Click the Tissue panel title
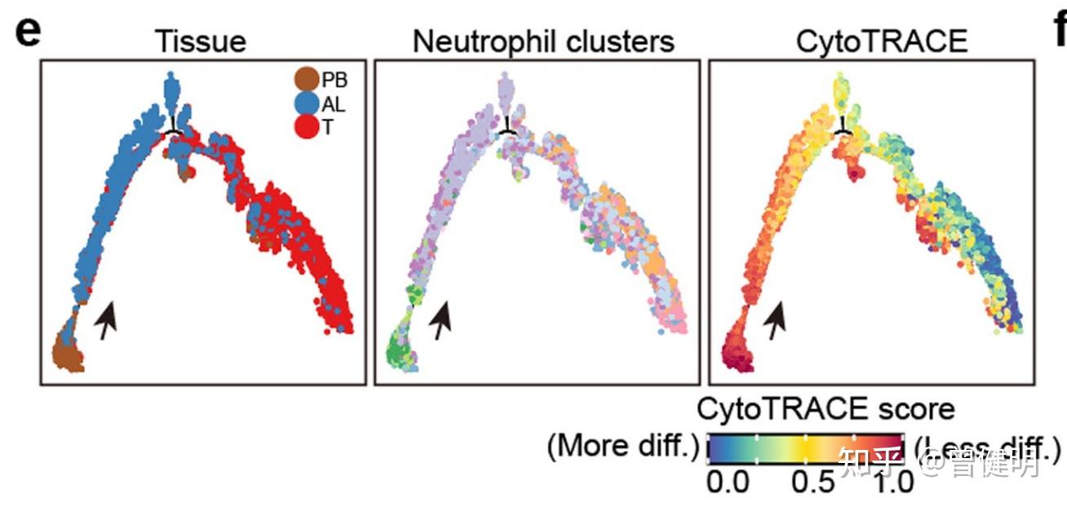[x=201, y=41]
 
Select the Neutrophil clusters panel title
[x=543, y=41]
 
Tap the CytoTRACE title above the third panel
[x=871, y=41]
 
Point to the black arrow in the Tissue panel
[x=105, y=320]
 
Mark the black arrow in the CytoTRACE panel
[x=775, y=320]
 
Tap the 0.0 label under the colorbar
[x=728, y=483]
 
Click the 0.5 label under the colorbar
[x=814, y=483]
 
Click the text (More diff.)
[x=622, y=447]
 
